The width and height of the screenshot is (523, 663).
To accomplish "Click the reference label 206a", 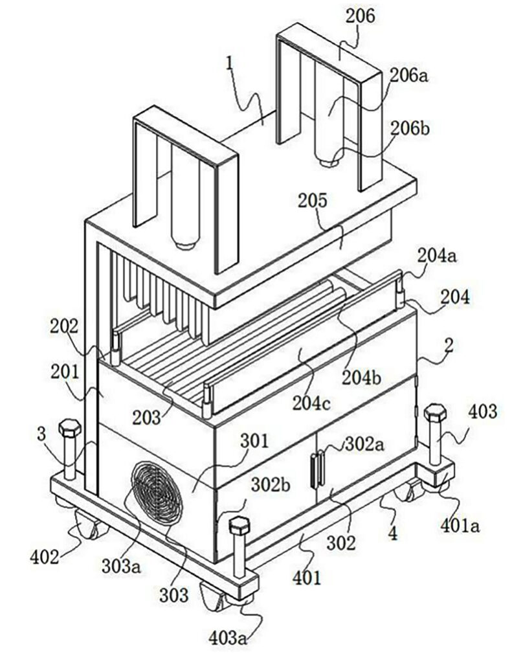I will click(409, 76).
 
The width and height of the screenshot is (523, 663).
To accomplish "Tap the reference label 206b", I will click(410, 129).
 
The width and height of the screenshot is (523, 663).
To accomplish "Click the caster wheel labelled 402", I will click(87, 523).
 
